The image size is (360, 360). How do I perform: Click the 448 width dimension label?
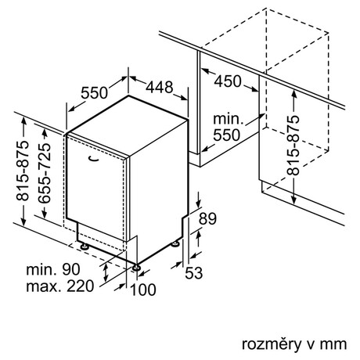tap(160, 87)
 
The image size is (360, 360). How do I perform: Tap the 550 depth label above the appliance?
tap(94, 92)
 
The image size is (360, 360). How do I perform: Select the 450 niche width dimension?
tap(228, 81)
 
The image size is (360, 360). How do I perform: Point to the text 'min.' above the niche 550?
tap(229, 119)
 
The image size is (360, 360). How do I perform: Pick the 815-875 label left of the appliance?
tap(23, 171)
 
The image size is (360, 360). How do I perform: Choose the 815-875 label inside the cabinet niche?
tap(293, 145)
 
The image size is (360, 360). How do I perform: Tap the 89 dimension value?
tap(207, 218)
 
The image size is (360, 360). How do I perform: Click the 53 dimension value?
tap(194, 273)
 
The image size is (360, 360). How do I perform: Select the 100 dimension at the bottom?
tap(143, 290)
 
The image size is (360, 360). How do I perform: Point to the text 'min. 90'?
tap(53, 269)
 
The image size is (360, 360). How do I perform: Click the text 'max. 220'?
tap(59, 286)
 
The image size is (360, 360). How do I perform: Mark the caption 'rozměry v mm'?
tap(294, 344)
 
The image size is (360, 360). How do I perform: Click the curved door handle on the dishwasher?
tap(93, 158)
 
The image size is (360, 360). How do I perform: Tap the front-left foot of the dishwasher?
tap(84, 247)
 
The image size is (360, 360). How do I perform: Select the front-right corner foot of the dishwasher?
tap(136, 268)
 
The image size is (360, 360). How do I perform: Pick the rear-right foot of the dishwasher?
tap(175, 243)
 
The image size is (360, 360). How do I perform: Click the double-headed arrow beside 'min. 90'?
tap(106, 272)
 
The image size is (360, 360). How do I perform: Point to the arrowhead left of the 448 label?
tap(133, 78)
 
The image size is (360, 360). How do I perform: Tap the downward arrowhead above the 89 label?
tap(199, 203)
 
